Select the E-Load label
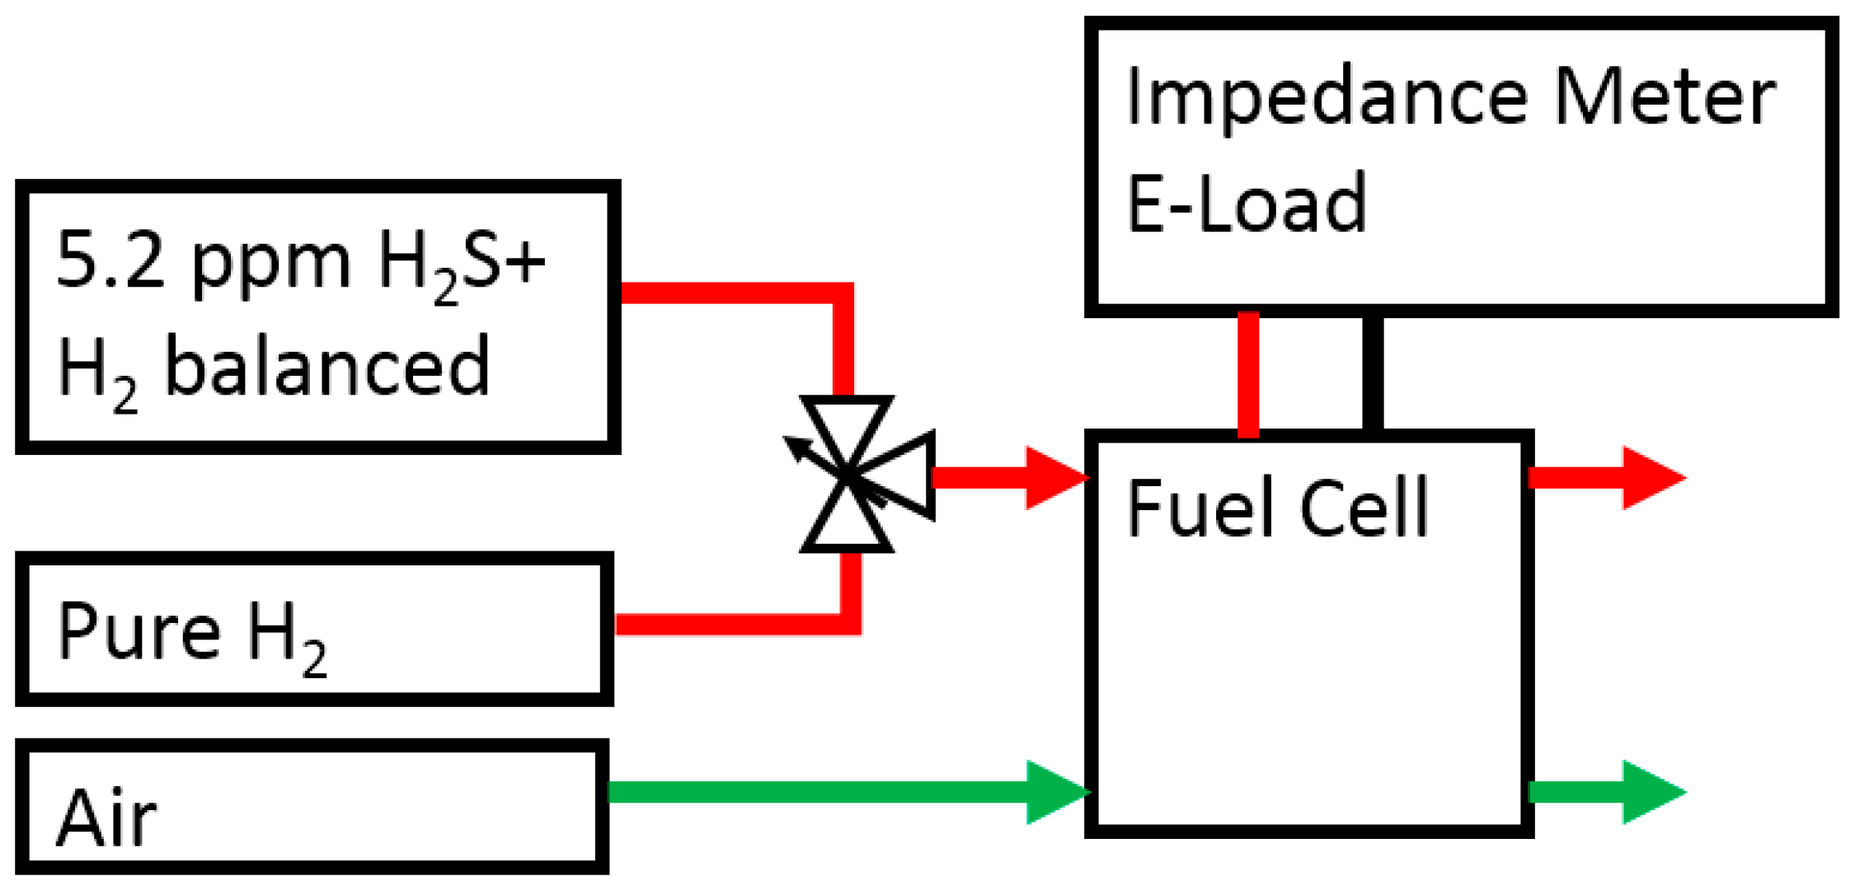pyautogui.click(x=1246, y=203)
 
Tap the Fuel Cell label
pyautogui.click(x=1276, y=508)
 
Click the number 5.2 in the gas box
pyautogui.click(x=110, y=262)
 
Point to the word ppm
pyautogui.click(x=271, y=268)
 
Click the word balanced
pyautogui.click(x=327, y=366)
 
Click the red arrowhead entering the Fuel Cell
pyautogui.click(x=1055, y=477)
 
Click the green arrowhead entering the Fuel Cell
pyautogui.click(x=1056, y=792)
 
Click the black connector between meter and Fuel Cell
pyautogui.click(x=1372, y=372)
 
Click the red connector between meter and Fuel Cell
pyautogui.click(x=1248, y=372)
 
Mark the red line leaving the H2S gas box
pyautogui.click(x=726, y=293)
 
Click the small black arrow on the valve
pyautogui.click(x=796, y=448)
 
